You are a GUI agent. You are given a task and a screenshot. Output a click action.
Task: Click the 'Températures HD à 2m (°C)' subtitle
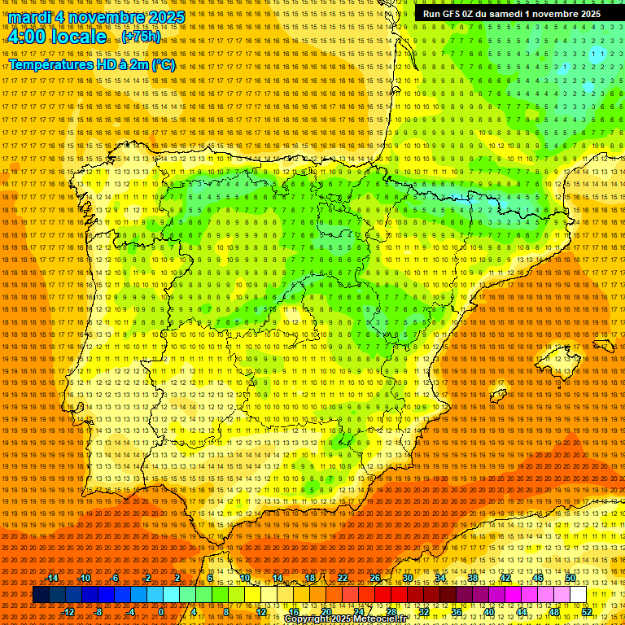[x=92, y=64]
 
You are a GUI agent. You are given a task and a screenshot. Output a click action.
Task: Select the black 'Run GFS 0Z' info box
[x=512, y=14]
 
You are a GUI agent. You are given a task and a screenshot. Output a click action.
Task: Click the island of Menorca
[x=603, y=345]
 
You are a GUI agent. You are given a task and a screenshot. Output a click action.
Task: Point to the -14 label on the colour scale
[x=52, y=578]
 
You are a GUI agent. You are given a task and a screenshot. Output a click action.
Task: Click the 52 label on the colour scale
[x=587, y=612]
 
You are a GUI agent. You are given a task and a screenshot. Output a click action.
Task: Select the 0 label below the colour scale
[x=161, y=612]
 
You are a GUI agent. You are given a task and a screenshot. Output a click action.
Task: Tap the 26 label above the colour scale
[x=375, y=578]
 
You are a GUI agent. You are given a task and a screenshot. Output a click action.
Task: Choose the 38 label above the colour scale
[x=472, y=578]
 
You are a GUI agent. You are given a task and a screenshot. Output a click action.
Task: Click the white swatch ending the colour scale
[x=578, y=595]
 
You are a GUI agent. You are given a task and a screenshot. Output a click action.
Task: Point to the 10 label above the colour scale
[x=245, y=578]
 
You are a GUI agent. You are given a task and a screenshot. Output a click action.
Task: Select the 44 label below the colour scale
[x=522, y=612]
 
